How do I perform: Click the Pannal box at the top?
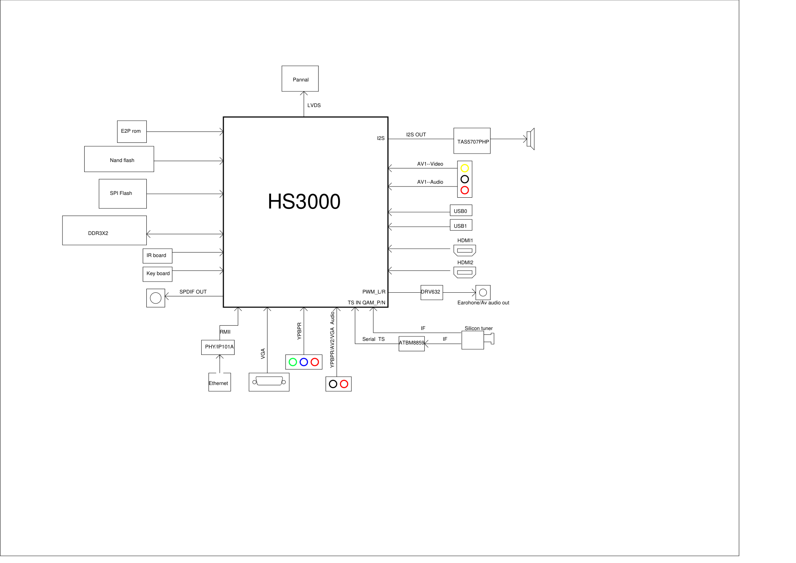pyautogui.click(x=300, y=79)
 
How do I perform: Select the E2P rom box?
pyautogui.click(x=132, y=132)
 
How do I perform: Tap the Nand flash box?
pyautogui.click(x=119, y=159)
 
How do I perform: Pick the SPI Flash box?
pyautogui.click(x=122, y=194)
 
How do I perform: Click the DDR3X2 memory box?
pyautogui.click(x=104, y=231)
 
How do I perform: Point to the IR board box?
pyautogui.click(x=157, y=256)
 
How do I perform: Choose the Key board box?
pyautogui.click(x=157, y=274)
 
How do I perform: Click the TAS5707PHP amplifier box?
pyautogui.click(x=472, y=141)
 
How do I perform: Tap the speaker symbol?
pyautogui.click(x=531, y=139)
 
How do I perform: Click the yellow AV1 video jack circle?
pyautogui.click(x=464, y=168)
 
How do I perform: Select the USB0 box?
pyautogui.click(x=461, y=211)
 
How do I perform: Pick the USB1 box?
pyautogui.click(x=461, y=225)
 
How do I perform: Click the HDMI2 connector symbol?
pyautogui.click(x=464, y=273)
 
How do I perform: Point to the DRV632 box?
pyautogui.click(x=431, y=292)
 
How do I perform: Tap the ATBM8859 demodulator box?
pyautogui.click(x=411, y=343)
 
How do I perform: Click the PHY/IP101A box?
pyautogui.click(x=218, y=347)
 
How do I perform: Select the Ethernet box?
pyautogui.click(x=219, y=383)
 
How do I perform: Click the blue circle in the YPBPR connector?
pyautogui.click(x=304, y=362)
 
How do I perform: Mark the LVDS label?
pyautogui.click(x=314, y=105)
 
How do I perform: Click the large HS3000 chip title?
pyautogui.click(x=304, y=202)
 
